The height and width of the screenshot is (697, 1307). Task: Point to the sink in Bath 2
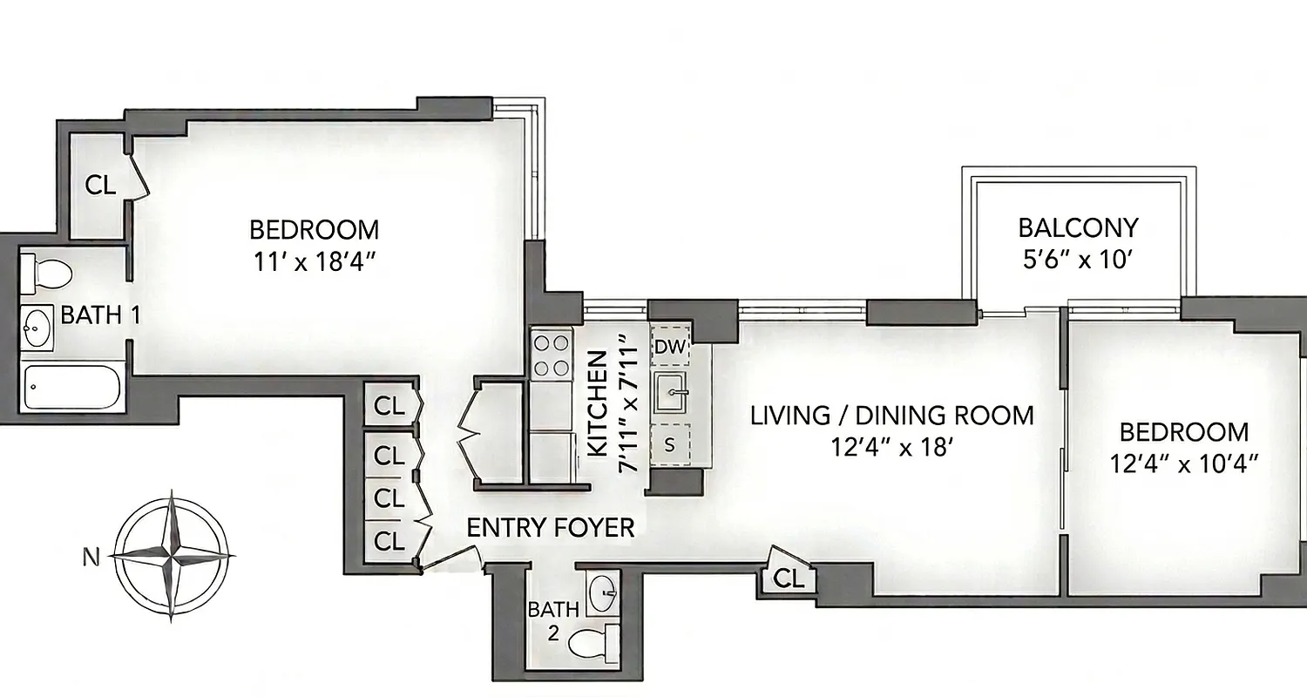[x=601, y=595]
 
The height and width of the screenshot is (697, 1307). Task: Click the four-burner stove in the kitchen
[x=552, y=356]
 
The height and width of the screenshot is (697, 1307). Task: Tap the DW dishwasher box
[x=671, y=348]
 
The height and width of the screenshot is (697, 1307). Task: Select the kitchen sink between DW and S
[x=672, y=395]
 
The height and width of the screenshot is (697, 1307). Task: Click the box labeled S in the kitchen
[x=670, y=444]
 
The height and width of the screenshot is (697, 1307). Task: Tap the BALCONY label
[x=1078, y=228]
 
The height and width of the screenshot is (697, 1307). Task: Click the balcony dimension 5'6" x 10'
[x=1078, y=260]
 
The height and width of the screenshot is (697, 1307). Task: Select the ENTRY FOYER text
[x=551, y=527]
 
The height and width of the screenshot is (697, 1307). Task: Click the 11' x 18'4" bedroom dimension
[x=314, y=262]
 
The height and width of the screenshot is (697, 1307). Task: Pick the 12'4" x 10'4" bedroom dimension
[x=1185, y=464]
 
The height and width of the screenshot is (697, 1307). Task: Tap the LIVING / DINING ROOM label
[x=892, y=416]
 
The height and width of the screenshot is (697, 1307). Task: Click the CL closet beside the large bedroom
[x=100, y=184]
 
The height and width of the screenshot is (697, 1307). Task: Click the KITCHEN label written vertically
[x=598, y=403]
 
